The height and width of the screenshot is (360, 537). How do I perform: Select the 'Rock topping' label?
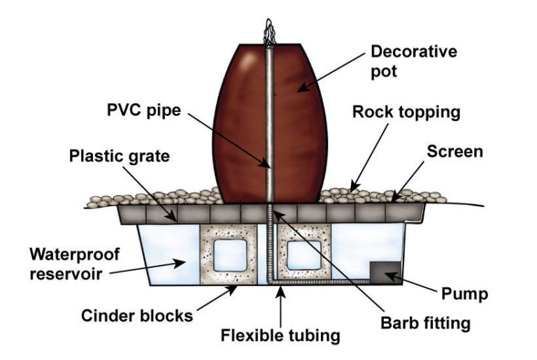tap(403, 112)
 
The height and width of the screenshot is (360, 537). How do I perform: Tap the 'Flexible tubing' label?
tap(280, 336)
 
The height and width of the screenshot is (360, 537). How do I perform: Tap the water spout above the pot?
tap(268, 31)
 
